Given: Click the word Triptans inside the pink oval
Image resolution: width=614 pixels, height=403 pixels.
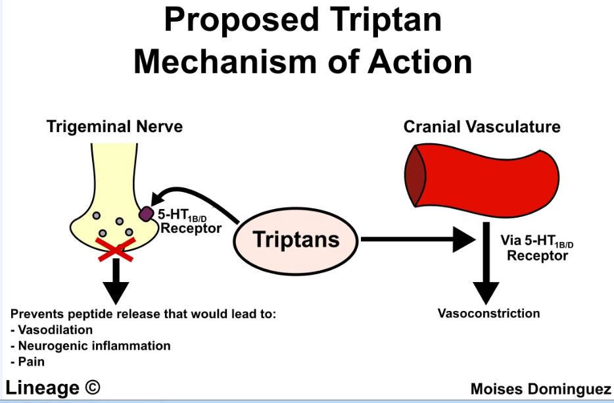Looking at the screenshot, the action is (296, 239).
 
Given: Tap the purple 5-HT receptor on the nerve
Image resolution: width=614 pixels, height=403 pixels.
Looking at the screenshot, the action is (147, 214).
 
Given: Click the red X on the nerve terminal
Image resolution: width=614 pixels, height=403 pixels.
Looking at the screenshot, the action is (116, 249).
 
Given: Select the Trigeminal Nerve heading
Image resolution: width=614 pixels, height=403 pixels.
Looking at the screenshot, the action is (114, 127).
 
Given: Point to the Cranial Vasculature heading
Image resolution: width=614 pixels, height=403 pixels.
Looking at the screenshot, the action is (482, 127).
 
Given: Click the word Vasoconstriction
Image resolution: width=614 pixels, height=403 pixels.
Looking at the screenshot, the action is (488, 314).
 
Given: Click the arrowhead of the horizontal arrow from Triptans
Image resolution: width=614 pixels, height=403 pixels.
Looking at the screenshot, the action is (463, 239).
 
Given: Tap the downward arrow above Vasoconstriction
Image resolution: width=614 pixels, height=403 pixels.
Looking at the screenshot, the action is (486, 263).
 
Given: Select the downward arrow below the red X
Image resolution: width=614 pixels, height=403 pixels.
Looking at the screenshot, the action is (116, 281).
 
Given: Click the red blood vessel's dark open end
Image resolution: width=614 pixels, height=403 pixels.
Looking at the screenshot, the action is (415, 176).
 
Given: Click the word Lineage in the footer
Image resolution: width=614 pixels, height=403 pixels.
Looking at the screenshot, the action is (42, 388).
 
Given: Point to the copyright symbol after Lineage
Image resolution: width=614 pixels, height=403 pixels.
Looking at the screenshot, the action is (92, 387).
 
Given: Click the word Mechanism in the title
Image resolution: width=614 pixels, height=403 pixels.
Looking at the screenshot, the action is (225, 62).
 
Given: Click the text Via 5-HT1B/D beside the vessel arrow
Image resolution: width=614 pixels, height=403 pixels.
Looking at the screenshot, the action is (537, 241).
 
